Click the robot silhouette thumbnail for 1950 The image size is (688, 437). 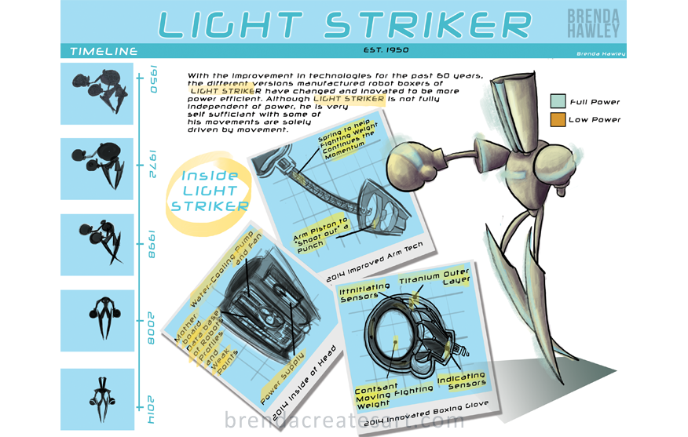click(97, 89)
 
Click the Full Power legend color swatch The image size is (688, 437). click(558, 101)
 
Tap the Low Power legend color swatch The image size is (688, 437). click(558, 119)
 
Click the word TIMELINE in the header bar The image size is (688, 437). click(104, 52)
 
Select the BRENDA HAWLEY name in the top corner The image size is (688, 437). click(594, 24)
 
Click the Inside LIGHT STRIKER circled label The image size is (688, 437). click(210, 191)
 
